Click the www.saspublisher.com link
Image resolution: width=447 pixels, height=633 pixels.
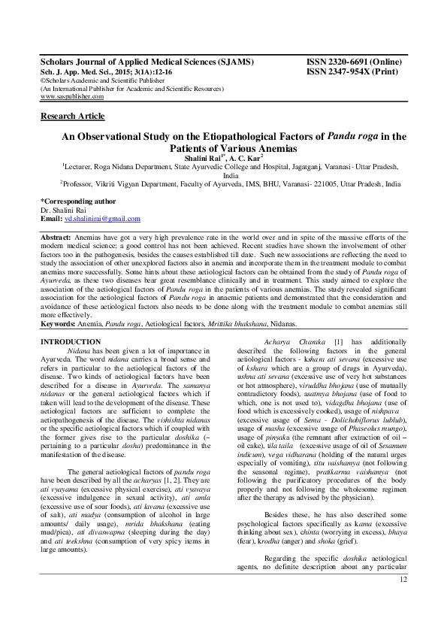72,96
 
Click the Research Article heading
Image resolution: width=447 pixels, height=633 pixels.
72,116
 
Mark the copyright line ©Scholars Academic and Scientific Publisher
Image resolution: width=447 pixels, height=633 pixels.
109,80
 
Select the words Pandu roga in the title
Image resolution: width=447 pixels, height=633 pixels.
353,137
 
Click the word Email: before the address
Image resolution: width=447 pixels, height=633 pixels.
51,218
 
